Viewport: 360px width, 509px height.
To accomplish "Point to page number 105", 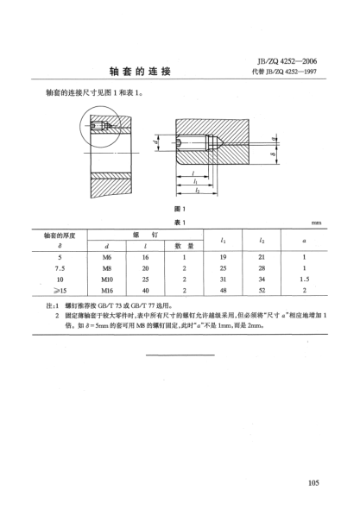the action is pyautogui.click(x=313, y=482).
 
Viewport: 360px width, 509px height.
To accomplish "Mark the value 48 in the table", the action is pyautogui.click(x=224, y=292).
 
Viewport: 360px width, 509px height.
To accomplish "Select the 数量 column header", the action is pyautogui.click(x=185, y=245).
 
